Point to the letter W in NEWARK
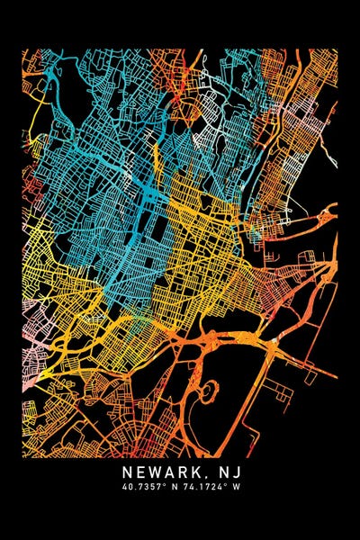pos(155,472)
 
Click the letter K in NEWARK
pos(197,472)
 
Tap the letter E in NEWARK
pos(140,472)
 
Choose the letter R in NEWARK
pos(183,472)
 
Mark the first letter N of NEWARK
pos(127,472)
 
